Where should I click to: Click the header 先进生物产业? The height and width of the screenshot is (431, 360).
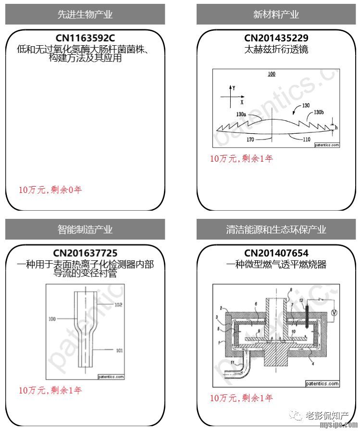85,14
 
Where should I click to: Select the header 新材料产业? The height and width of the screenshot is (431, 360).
276,14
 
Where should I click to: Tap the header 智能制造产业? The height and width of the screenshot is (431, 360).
85,229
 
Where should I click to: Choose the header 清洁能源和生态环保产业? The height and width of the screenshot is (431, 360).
276,229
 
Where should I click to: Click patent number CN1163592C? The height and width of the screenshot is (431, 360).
85,38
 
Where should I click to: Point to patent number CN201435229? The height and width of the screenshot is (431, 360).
276,38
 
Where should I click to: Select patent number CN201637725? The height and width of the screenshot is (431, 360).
85,253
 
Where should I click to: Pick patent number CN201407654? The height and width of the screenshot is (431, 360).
276,253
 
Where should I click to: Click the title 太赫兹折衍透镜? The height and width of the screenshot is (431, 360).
276,49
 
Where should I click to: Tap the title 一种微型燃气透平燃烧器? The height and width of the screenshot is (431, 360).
276,264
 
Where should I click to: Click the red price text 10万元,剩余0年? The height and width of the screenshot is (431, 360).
50,190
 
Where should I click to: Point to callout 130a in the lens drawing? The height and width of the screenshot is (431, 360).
241,114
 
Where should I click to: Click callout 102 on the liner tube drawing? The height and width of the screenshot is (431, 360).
119,304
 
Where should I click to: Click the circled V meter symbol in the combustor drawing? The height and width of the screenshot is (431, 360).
335,312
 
